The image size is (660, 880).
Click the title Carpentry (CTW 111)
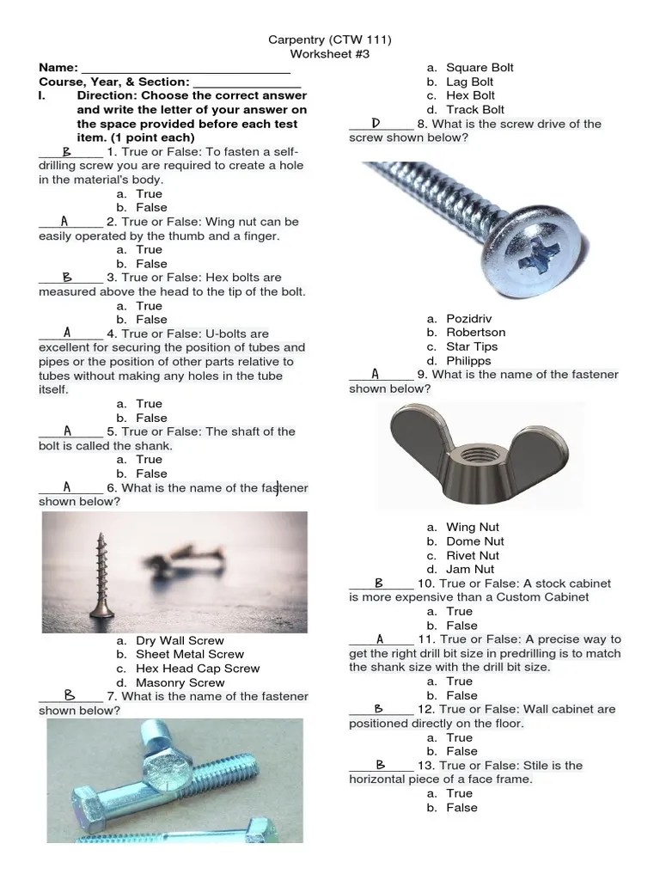(330, 39)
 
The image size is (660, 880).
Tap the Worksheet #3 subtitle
(330, 53)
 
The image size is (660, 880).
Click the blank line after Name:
(185, 69)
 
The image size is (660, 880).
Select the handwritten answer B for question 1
(67, 151)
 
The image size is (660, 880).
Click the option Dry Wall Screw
(180, 640)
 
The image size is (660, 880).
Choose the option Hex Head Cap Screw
(198, 668)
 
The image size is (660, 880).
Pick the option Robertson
(475, 333)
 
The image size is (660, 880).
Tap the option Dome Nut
(475, 541)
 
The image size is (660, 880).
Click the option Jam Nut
(470, 569)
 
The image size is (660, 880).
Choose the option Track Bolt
(475, 109)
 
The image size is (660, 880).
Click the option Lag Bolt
(469, 82)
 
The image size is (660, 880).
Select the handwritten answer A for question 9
(376, 374)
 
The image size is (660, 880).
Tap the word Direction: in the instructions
(107, 95)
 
